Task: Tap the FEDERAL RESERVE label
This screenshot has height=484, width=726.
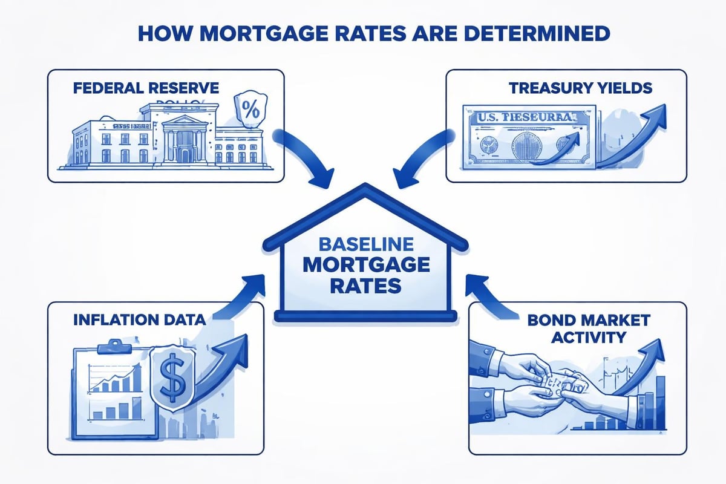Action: (146, 88)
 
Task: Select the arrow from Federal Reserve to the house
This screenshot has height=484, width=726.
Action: (306, 157)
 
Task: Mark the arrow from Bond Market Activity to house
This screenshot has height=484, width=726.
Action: (484, 296)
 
